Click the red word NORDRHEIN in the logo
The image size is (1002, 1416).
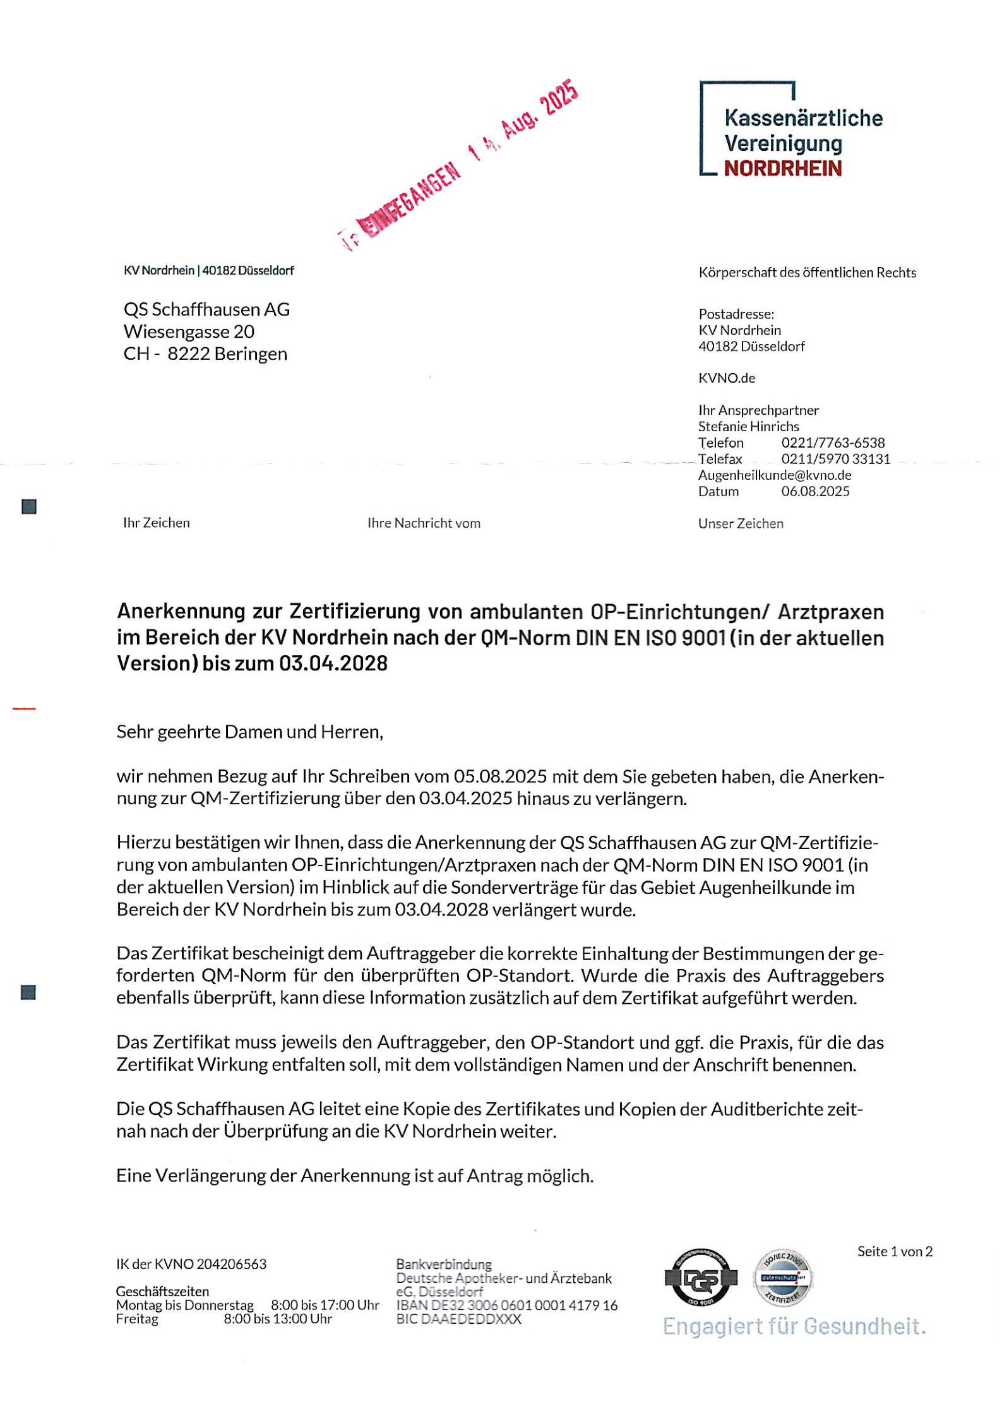coord(782,169)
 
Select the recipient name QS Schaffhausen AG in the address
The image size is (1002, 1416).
coord(206,309)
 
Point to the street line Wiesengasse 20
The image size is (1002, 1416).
coord(189,331)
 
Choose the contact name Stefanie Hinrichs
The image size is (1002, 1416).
coord(748,426)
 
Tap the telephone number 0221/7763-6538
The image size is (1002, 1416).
coord(833,443)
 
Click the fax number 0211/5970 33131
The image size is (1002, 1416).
coord(835,459)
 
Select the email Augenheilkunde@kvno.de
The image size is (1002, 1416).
coord(775,475)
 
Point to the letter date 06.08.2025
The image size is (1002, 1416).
coord(815,491)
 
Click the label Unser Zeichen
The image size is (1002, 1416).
coord(741,523)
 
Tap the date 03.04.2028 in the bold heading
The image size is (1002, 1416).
coord(333,663)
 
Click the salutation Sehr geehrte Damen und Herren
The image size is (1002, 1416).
coord(249,732)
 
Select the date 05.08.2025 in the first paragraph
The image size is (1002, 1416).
coord(500,776)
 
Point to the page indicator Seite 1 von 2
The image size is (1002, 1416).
coord(895,1251)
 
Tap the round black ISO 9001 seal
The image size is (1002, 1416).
coord(701,1277)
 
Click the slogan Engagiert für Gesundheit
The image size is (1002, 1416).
coord(794,1326)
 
